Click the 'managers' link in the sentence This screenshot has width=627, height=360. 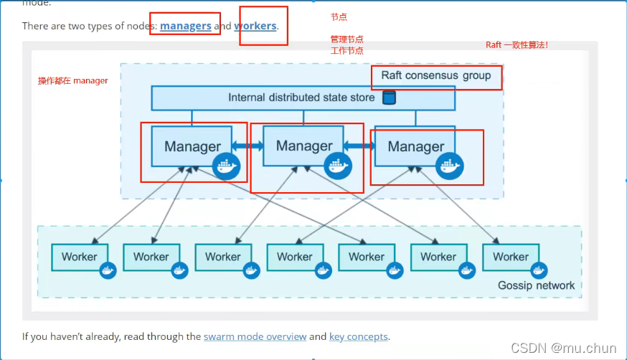(x=185, y=26)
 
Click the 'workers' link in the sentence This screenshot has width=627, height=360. (x=255, y=26)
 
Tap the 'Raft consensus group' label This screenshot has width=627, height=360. (x=436, y=75)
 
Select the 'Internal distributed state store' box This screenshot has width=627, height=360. (x=301, y=98)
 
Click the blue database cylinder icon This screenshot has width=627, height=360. (x=389, y=98)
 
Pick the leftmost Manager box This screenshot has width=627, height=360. (x=192, y=146)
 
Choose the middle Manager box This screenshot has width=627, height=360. (x=303, y=146)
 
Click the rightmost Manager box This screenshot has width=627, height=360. (x=415, y=146)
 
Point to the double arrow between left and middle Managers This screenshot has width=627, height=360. (x=247, y=146)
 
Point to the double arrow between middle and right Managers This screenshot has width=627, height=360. (x=359, y=146)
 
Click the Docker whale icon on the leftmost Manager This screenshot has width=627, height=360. (x=226, y=166)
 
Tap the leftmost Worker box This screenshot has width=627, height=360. (x=79, y=257)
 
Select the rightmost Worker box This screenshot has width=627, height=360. (x=510, y=257)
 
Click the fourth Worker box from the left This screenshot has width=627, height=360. (x=294, y=257)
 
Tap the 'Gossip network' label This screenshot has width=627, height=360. (x=536, y=285)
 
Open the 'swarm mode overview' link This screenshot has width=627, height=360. (x=255, y=336)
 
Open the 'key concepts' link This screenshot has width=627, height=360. (x=358, y=336)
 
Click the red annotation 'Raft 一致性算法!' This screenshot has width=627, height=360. (x=517, y=44)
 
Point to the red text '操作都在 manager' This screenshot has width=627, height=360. (x=73, y=81)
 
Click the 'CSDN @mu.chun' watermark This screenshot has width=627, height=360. (x=563, y=348)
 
